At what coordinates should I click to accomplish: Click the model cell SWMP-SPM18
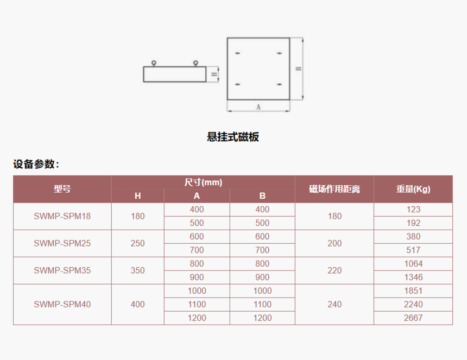[62, 216]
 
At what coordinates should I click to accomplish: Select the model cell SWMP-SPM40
[62, 304]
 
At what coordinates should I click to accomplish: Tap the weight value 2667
[413, 318]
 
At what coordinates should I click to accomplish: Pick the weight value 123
[413, 210]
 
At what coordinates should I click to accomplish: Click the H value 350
[137, 270]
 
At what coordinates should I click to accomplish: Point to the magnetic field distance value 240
[335, 304]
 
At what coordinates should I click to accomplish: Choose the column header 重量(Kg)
[413, 189]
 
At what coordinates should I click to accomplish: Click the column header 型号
[62, 189]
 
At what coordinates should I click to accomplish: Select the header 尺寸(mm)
[203, 182]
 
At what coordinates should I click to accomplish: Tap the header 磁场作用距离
[335, 189]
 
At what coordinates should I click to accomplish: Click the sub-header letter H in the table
[137, 196]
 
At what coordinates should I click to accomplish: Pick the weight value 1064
[413, 263]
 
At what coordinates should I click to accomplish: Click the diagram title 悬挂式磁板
[233, 137]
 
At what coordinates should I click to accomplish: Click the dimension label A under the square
[258, 107]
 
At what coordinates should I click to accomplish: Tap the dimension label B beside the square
[299, 68]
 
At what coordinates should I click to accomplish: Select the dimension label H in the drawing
[214, 74]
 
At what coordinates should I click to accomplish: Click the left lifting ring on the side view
[154, 63]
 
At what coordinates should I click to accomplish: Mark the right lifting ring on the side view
[195, 63]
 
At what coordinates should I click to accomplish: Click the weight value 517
[413, 250]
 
